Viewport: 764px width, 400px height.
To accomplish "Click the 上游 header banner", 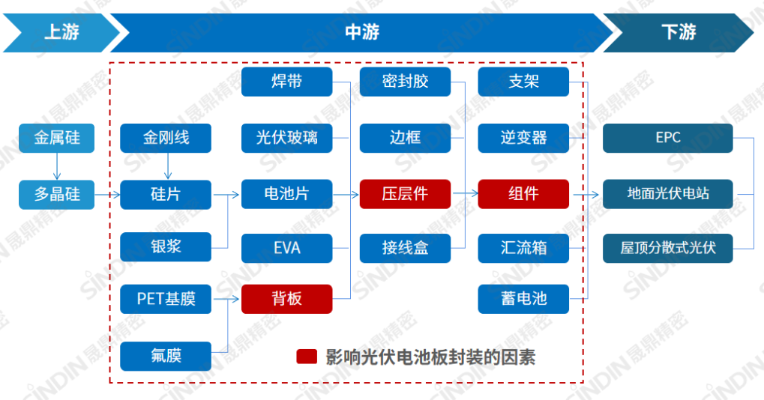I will [60, 33].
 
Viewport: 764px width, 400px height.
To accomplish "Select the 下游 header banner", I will [679, 33].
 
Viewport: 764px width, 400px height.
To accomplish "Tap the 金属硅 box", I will [56, 139].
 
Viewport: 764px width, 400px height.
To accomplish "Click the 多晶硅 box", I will [56, 194].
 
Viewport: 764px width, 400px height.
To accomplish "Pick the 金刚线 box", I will [166, 139].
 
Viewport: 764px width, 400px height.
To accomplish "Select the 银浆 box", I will [166, 246].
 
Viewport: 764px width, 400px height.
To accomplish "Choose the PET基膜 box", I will [166, 299].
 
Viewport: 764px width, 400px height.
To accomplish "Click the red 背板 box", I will [286, 299].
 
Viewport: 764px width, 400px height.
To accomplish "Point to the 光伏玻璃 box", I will [286, 139].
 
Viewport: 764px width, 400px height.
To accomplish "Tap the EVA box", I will [286, 246].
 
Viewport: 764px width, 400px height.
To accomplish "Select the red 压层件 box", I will [405, 194].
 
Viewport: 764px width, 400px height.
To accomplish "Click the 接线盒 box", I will [405, 246].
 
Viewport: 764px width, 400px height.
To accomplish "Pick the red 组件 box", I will [523, 194].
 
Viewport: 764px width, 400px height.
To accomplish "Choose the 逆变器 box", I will [523, 139].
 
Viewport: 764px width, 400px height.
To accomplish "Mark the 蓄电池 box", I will [523, 299].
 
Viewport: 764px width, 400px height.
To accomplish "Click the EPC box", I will [667, 139].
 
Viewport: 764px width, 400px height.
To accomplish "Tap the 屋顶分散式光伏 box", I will [667, 246].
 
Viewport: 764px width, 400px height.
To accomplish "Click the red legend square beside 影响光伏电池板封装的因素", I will [307, 357].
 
